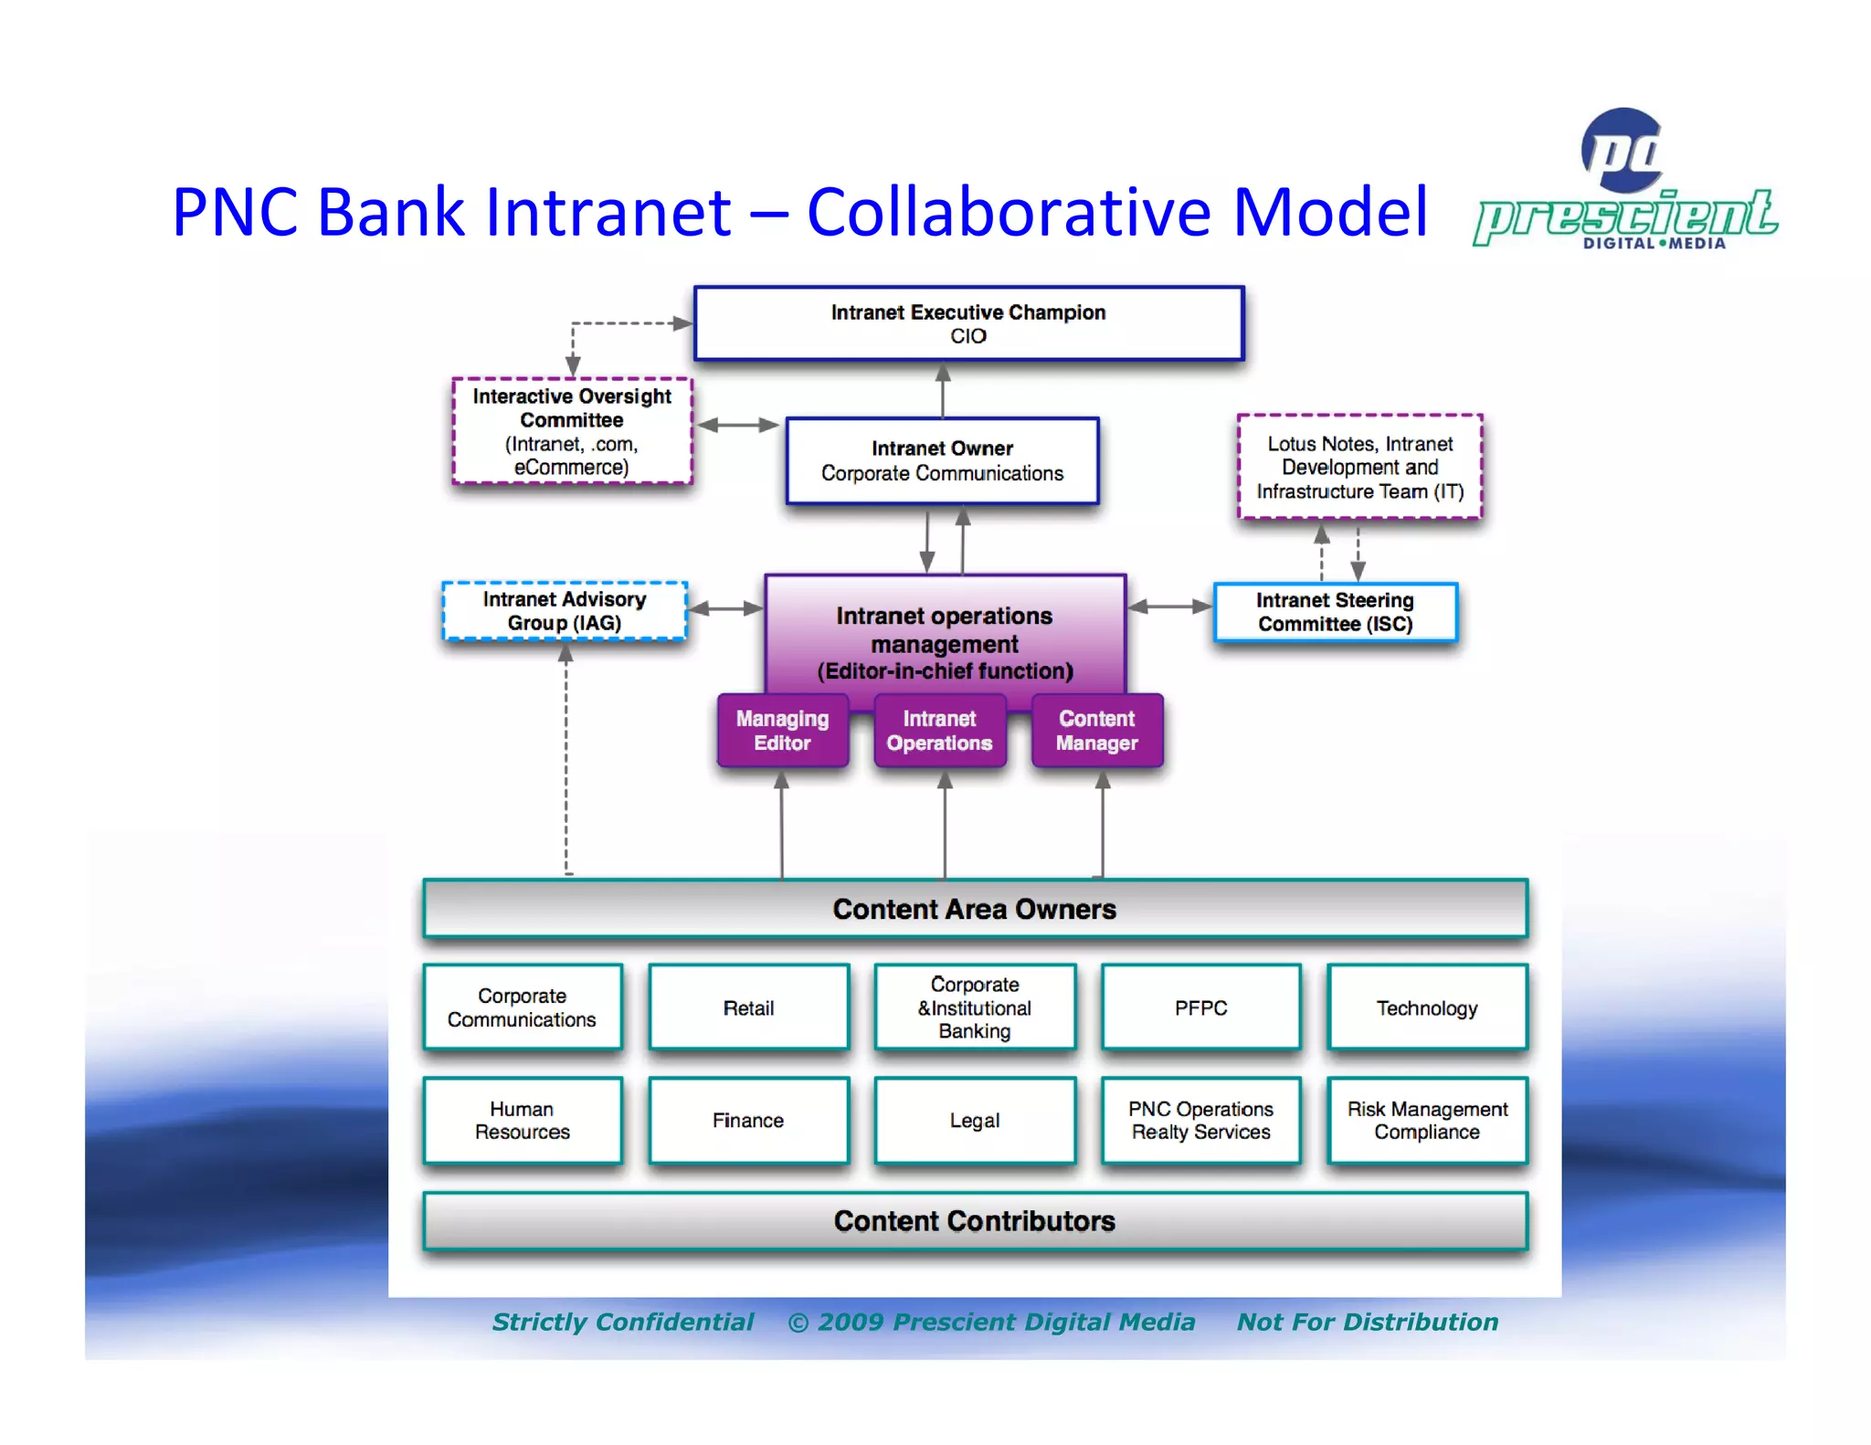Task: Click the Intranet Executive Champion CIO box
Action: pos(968,324)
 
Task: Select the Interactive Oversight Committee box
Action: pos(572,431)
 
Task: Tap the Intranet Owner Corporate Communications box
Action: pos(942,461)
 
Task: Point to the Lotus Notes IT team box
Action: pos(1359,468)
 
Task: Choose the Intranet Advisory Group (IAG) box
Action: pos(565,611)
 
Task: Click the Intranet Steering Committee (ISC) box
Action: pos(1335,612)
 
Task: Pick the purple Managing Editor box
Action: pos(783,731)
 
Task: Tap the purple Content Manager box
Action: pos(1097,731)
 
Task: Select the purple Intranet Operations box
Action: pos(939,731)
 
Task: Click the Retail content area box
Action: pos(749,1008)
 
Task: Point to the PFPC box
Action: pos(1200,1008)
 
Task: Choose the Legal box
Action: pos(975,1121)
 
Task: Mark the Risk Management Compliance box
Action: pos(1427,1121)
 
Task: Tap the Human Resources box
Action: pos(523,1121)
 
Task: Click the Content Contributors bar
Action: pos(975,1221)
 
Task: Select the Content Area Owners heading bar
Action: pos(975,909)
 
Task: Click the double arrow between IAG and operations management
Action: pos(725,609)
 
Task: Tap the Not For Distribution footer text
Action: pos(1368,1322)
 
